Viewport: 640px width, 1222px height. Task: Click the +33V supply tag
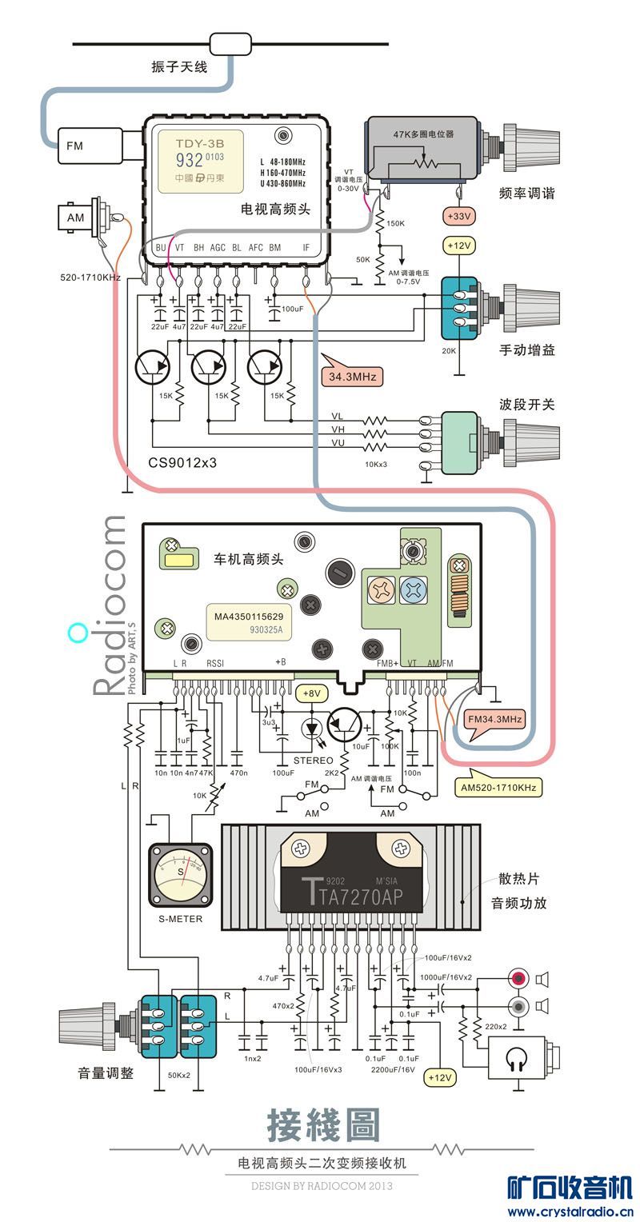[459, 216]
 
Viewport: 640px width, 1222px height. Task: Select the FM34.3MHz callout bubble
[495, 719]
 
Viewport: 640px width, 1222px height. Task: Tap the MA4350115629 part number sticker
[249, 617]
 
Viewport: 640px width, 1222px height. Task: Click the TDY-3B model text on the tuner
[200, 144]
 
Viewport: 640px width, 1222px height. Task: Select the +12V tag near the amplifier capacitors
[440, 1077]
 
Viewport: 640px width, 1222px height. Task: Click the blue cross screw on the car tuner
[414, 591]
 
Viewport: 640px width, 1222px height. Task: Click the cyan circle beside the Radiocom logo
[78, 633]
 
